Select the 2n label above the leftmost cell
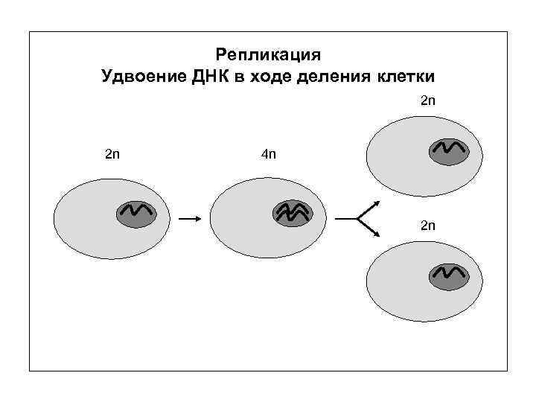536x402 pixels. point(112,154)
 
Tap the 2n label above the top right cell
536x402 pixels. point(428,100)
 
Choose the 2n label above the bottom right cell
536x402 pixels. point(428,224)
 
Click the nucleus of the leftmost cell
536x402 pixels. point(135,214)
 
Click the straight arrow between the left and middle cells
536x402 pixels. point(189,219)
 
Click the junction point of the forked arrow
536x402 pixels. point(358,219)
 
